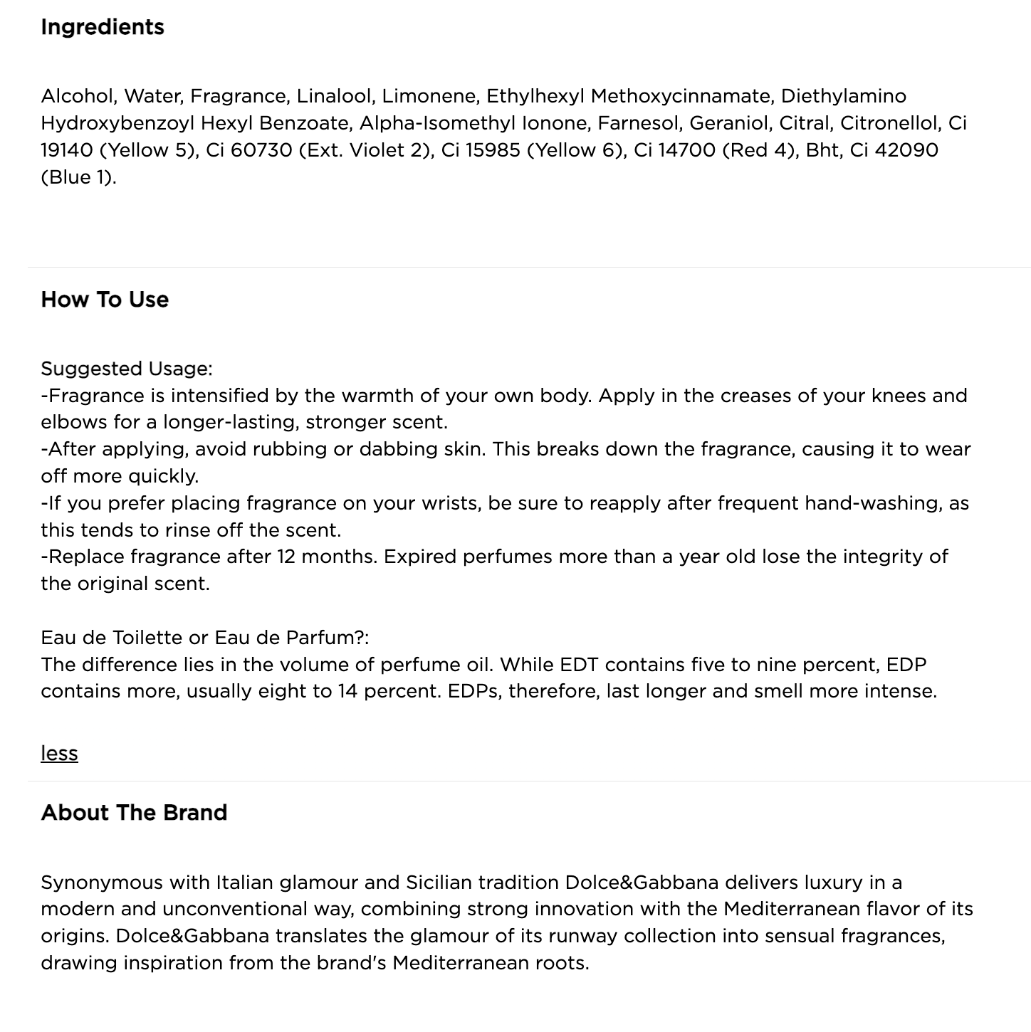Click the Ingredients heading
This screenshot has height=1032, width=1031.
point(103,27)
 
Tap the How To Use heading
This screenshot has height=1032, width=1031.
point(105,300)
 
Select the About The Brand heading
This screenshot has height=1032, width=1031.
point(134,813)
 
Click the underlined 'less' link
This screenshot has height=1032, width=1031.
point(59,754)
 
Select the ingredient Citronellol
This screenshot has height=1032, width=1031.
point(890,123)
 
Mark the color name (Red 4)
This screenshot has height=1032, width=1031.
point(758,150)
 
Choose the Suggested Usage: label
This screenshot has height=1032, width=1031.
point(127,369)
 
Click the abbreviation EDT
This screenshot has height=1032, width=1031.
point(580,665)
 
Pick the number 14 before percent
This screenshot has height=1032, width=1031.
point(347,691)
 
